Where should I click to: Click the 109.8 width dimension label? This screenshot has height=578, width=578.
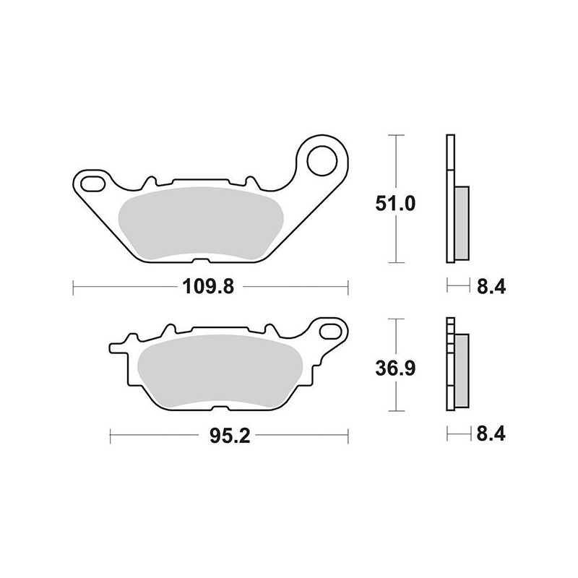click(208, 286)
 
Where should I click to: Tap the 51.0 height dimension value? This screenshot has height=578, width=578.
click(395, 204)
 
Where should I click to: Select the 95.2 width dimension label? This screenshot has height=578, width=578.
click(230, 436)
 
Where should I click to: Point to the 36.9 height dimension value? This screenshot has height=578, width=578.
click(395, 368)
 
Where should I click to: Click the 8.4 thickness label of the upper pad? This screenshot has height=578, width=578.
click(491, 286)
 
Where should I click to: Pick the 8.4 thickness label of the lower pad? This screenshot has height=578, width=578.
click(491, 434)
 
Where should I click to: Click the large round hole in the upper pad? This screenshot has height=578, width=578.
click(322, 160)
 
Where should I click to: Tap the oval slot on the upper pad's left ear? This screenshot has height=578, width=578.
click(92, 184)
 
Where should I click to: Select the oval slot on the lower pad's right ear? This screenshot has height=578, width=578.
click(331, 332)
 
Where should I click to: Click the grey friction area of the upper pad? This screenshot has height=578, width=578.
click(201, 223)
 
